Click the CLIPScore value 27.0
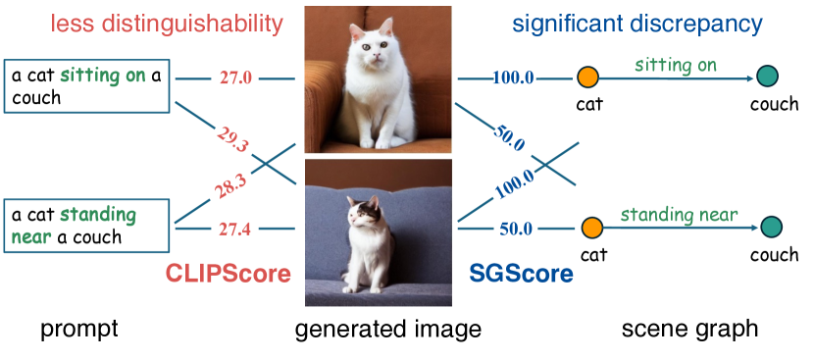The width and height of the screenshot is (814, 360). pos(235,78)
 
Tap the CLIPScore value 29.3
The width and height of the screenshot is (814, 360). pos(232,138)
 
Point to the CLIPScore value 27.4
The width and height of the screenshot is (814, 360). pos(234,229)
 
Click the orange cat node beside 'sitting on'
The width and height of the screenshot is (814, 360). pos(587,77)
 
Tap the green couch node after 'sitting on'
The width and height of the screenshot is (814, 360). pos(767,77)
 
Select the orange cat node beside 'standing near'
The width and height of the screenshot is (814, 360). pos(591,228)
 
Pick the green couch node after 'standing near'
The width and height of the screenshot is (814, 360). pos(772,227)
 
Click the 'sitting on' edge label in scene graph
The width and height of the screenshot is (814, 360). pos(676,66)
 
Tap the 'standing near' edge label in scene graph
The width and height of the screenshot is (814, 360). pos(679,215)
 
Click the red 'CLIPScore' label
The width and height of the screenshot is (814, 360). pos(228,274)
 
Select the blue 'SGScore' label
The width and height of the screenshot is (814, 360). pos(521,274)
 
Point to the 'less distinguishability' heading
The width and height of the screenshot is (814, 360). pos(167,24)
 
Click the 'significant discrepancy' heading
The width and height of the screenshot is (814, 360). pos(637,24)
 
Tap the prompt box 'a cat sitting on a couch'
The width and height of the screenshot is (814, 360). pos(86,86)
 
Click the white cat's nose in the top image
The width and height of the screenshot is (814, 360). pos(375,56)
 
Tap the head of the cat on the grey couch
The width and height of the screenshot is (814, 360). pos(365,213)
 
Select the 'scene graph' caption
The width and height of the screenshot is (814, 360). pos(689,330)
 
